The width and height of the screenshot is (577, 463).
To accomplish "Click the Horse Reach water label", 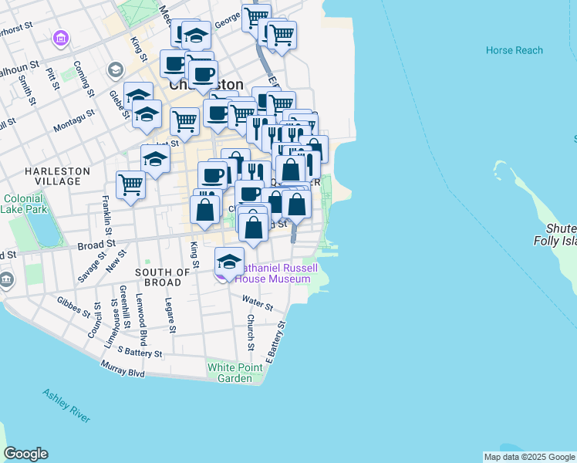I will [x=515, y=50].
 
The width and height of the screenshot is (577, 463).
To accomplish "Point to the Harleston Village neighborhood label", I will [x=57, y=175].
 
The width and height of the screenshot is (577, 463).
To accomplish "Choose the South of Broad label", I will [x=163, y=277].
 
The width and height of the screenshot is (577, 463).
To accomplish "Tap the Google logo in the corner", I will [x=25, y=454].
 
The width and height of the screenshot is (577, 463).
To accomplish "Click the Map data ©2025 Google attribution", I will [x=529, y=457].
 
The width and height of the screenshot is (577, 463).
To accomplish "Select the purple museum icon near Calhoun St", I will [x=60, y=37].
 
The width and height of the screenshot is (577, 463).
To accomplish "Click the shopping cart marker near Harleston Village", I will [x=131, y=184].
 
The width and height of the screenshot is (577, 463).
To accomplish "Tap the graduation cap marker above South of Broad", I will [x=229, y=260].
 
